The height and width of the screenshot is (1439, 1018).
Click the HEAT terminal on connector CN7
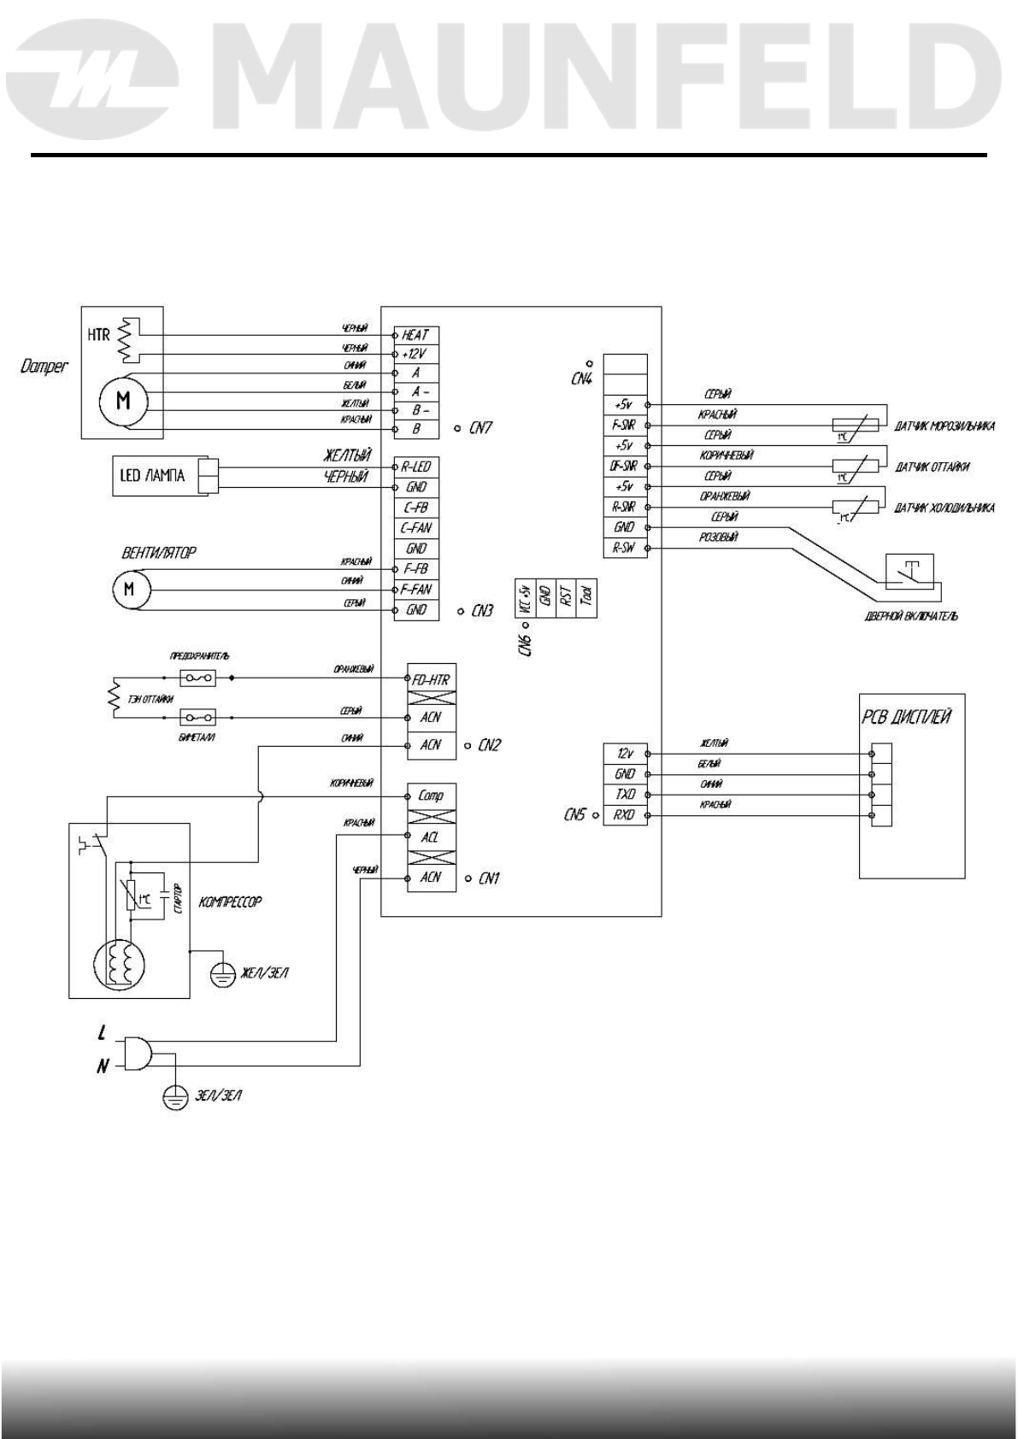pyautogui.click(x=416, y=335)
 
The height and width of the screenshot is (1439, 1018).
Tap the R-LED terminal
pyautogui.click(x=416, y=467)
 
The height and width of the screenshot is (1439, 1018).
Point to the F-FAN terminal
pyautogui.click(x=416, y=590)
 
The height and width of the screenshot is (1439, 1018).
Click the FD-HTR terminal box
pyautogui.click(x=431, y=680)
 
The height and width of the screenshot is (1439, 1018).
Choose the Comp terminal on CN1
pyautogui.click(x=431, y=795)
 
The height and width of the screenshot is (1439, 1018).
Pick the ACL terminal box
pyautogui.click(x=431, y=837)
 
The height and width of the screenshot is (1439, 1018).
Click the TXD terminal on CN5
pyautogui.click(x=626, y=795)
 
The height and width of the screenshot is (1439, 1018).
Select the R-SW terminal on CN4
pyautogui.click(x=626, y=549)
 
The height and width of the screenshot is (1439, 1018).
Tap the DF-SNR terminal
pyautogui.click(x=626, y=467)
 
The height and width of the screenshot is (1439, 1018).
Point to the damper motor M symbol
pyautogui.click(x=123, y=400)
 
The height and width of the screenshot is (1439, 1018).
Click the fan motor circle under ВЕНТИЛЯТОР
pyautogui.click(x=130, y=590)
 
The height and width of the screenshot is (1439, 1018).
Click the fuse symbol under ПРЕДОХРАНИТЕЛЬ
pyautogui.click(x=197, y=678)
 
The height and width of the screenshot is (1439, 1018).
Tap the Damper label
pyautogui.click(x=44, y=368)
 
